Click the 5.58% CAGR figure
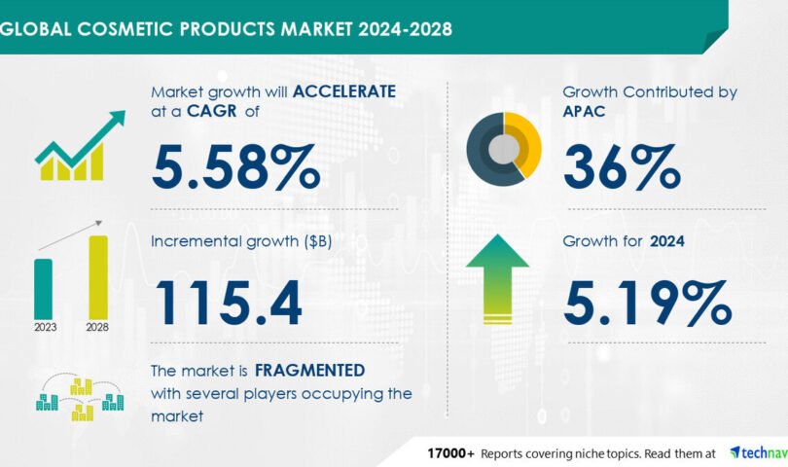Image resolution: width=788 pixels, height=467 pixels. (235, 167)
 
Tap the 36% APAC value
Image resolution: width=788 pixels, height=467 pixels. (622, 167)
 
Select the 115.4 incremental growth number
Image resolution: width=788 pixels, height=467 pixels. (229, 303)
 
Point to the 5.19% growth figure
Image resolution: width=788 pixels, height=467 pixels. (647, 303)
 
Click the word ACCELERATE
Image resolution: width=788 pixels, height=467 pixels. (344, 91)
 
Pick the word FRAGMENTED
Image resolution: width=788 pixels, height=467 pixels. (309, 371)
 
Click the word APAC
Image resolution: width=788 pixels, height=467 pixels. (584, 111)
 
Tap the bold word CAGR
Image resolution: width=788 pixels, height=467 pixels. (211, 111)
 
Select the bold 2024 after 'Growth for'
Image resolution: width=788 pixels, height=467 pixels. (667, 241)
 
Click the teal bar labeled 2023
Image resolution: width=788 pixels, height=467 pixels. (43, 289)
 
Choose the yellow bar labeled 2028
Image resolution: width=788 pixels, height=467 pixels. (98, 277)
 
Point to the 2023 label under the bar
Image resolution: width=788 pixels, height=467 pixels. (45, 327)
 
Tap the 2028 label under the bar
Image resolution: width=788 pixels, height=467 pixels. (97, 327)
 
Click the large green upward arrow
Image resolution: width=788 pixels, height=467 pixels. (497, 279)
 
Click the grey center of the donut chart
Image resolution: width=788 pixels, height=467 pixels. (504, 149)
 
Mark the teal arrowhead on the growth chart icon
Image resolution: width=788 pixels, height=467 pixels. (117, 118)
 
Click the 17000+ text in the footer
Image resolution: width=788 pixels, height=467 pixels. (450, 454)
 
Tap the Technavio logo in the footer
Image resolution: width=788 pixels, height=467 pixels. (759, 453)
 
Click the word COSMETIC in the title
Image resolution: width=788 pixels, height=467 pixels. (126, 28)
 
